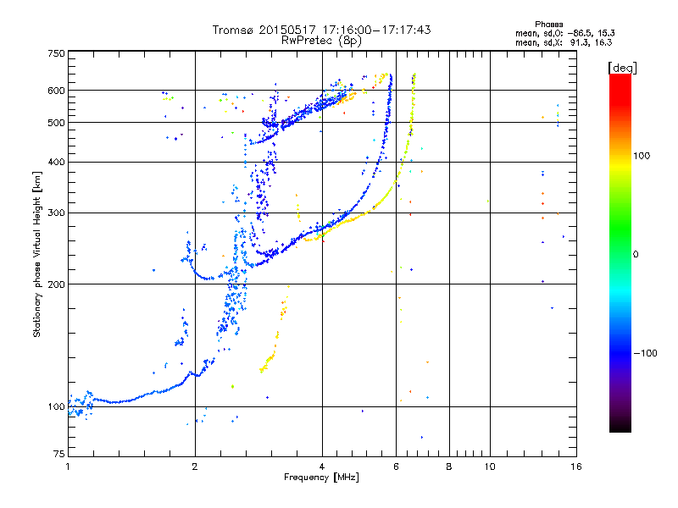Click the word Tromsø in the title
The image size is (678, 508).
pyautogui.click(x=234, y=30)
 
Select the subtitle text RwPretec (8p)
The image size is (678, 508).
pyautogui.click(x=321, y=41)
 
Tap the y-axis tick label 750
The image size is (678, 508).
pyautogui.click(x=56, y=53)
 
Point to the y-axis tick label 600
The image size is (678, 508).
pyautogui.click(x=56, y=91)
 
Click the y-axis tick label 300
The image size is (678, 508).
pyautogui.click(x=56, y=213)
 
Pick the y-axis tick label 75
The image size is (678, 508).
pyautogui.click(x=58, y=454)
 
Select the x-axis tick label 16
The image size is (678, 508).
pyautogui.click(x=576, y=467)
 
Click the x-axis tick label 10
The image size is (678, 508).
pyautogui.click(x=490, y=467)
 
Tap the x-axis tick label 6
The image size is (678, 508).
pyautogui.click(x=396, y=467)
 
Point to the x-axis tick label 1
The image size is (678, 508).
pyautogui.click(x=68, y=467)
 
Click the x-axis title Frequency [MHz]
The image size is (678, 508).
pyautogui.click(x=321, y=478)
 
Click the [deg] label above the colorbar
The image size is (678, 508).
pyautogui.click(x=622, y=69)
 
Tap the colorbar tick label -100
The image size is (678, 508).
pyautogui.click(x=646, y=353)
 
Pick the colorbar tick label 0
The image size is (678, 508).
pyautogui.click(x=636, y=255)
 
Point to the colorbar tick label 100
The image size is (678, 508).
pyautogui.click(x=642, y=156)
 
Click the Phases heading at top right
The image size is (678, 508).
pyautogui.click(x=548, y=25)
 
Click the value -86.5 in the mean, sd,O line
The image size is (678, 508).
pyautogui.click(x=580, y=33)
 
